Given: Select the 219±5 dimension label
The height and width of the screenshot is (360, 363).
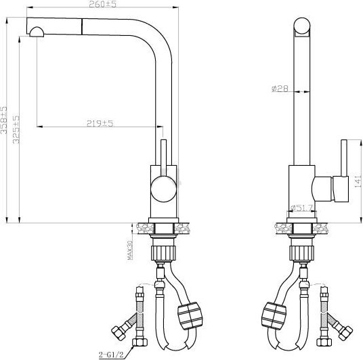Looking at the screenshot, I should pyautogui.click(x=99, y=122).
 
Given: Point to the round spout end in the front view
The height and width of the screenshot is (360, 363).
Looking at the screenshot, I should pyautogui.click(x=301, y=28).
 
